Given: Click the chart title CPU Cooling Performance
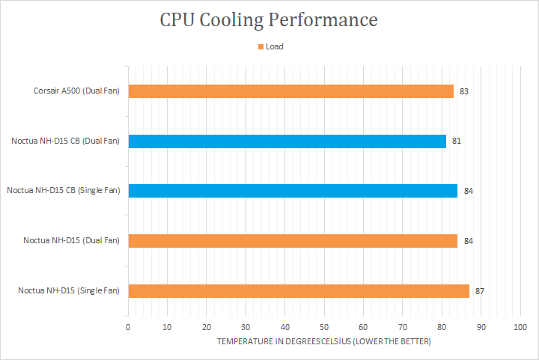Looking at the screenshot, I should coord(269,20).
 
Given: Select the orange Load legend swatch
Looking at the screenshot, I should coord(261,46).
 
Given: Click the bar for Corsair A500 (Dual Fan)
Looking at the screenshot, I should coord(290,91).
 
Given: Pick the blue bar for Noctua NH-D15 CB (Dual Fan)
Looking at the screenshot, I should coord(287,141).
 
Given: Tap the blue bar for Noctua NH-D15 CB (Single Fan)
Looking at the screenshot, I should coord(293,191).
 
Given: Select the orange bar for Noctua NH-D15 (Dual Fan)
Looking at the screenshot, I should coord(293,241).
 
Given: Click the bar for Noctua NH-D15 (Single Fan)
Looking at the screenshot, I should coord(299,290).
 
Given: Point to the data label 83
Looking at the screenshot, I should coord(464,91).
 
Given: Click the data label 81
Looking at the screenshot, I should coord(456,141).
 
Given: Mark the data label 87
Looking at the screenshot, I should coord(480,290).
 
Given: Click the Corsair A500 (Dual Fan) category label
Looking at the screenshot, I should coord(76,91).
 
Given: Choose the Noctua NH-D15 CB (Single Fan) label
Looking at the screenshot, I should coord(63,191).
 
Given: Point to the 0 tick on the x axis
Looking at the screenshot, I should coord(128,327).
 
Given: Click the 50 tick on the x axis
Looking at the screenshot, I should coord(324,327).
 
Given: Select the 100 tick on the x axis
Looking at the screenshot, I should coord(521,327).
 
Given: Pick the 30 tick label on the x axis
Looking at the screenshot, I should coord(246,327).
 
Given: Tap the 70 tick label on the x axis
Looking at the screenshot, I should coord(403,327).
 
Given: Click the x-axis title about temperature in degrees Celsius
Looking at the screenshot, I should coord(324,341).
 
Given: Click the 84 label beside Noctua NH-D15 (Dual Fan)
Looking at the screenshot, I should coord(468,241).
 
